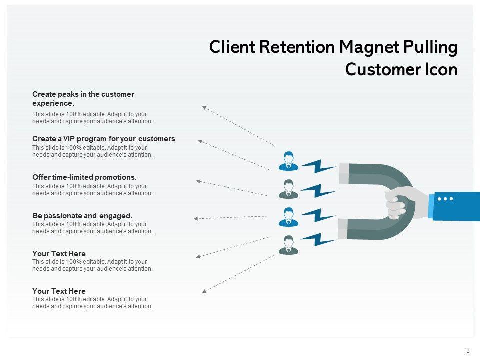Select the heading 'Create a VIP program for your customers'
click(x=104, y=139)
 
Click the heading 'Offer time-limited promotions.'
click(x=84, y=177)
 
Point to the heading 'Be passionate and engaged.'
click(x=82, y=216)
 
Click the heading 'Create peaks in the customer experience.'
click(x=83, y=99)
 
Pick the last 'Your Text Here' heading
click(x=59, y=291)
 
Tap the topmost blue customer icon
click(x=288, y=161)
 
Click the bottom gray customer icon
click(x=288, y=245)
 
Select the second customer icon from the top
click(x=288, y=189)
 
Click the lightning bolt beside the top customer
click(x=318, y=166)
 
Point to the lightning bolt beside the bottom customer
click(x=318, y=239)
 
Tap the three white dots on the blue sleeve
click(x=445, y=199)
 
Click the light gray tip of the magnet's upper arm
click(x=344, y=173)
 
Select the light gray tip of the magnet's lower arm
click(x=343, y=229)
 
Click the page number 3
click(x=468, y=351)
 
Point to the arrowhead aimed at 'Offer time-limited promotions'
click(x=198, y=181)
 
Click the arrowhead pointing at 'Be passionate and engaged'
click(x=196, y=219)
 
